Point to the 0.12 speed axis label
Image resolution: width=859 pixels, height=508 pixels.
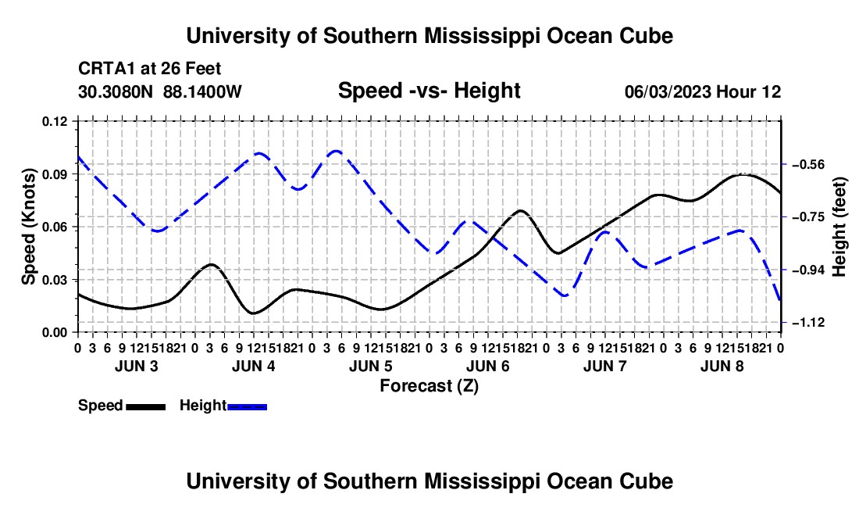coord(55,121)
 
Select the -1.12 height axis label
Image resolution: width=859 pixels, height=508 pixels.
coord(808,323)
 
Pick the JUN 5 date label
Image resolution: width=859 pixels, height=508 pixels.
coord(371,366)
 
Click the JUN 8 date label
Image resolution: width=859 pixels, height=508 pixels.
coord(722,366)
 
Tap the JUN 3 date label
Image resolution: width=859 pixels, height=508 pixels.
coord(137,366)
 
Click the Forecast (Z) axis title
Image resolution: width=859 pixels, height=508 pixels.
coord(429,386)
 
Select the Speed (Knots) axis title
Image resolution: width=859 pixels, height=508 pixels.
coord(28,227)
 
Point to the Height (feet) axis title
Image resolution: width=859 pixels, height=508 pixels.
coord(839,227)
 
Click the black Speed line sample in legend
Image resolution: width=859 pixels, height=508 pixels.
coord(146,407)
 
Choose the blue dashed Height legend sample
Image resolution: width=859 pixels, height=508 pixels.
coord(247,407)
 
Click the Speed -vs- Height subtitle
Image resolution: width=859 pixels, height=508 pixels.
coord(429,91)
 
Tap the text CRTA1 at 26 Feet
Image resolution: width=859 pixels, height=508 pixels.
coord(150,69)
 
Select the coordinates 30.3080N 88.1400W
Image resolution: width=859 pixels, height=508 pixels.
coord(160,91)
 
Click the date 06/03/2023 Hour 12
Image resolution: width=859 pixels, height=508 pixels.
coord(703,91)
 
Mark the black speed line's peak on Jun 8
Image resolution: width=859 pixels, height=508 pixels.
coord(743,174)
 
